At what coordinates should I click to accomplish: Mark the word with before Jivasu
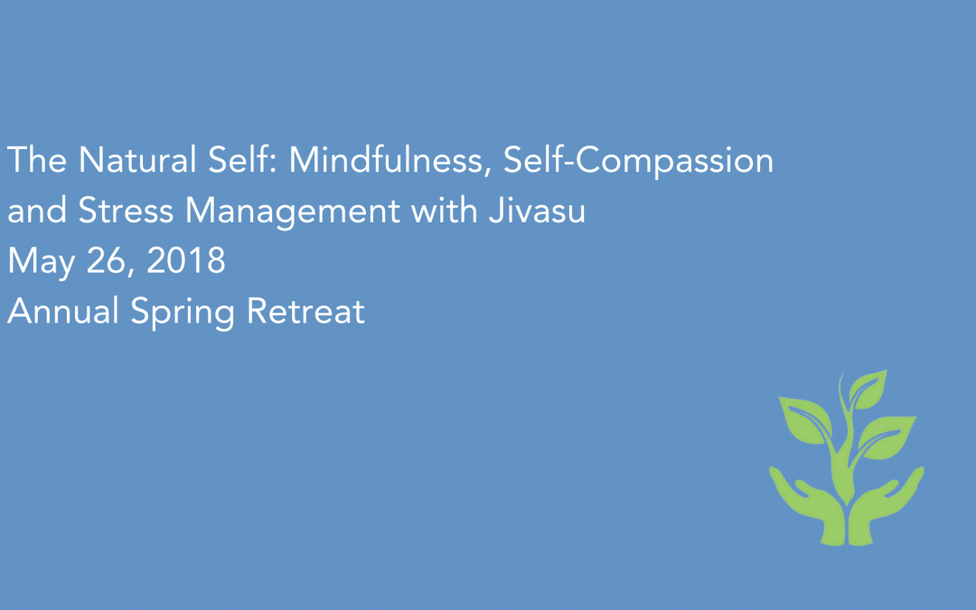click(441, 212)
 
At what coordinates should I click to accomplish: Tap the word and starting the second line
click(37, 212)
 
